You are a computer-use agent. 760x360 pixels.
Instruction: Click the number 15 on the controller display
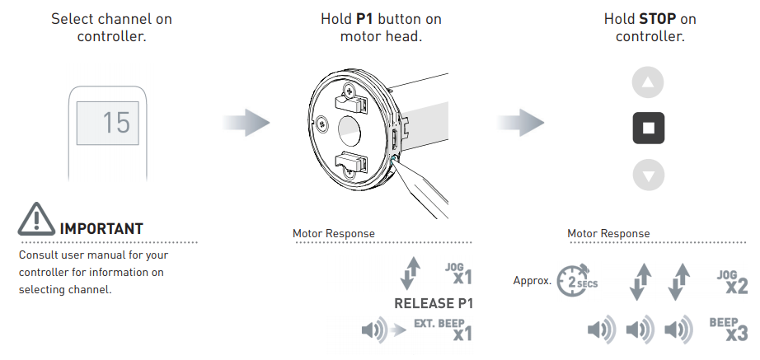(x=116, y=123)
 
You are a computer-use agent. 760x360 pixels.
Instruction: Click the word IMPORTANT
(x=101, y=228)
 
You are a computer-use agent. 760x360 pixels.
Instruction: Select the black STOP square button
(x=648, y=129)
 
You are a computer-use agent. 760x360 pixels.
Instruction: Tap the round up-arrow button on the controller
(x=648, y=83)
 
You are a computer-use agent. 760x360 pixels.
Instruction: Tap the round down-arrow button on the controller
(x=648, y=175)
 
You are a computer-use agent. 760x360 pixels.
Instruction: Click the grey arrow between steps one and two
(x=246, y=124)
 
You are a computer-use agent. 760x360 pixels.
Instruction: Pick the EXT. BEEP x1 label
(x=450, y=329)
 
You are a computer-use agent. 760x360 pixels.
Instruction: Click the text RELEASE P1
(x=434, y=303)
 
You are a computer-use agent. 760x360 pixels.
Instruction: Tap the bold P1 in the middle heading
(x=367, y=18)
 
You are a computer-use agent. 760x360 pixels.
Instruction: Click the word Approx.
(x=532, y=280)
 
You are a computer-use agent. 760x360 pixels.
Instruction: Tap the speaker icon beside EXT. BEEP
(x=373, y=332)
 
